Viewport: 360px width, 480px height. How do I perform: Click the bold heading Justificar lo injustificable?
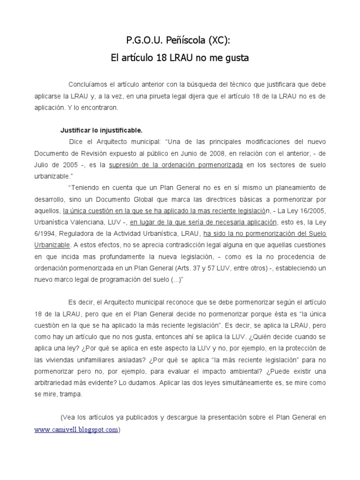point(101,130)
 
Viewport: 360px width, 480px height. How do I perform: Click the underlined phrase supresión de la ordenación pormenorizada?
point(176,165)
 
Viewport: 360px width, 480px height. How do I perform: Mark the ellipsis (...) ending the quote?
point(172,279)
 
